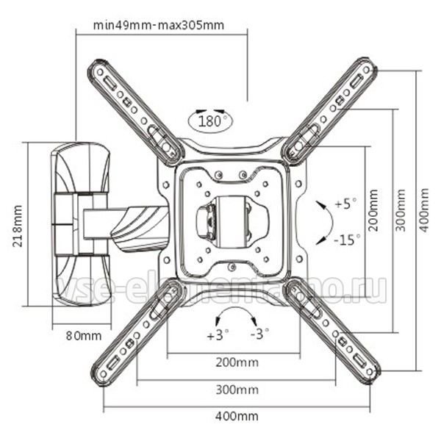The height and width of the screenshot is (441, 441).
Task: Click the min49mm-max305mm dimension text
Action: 159,25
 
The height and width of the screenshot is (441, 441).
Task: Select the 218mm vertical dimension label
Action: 18,226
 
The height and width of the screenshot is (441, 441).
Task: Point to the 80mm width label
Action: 84,336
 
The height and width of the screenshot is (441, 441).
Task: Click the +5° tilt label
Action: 346,204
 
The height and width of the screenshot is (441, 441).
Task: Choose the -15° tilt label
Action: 347,240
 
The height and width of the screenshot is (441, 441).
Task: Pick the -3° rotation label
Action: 260,334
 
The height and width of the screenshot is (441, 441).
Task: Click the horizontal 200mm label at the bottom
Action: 237,362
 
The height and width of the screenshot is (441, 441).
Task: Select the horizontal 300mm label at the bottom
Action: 237,390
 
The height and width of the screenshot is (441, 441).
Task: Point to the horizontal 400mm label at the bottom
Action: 237,416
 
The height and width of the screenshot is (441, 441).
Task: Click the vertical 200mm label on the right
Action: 373,210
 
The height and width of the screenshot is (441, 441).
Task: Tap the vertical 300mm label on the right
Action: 401,210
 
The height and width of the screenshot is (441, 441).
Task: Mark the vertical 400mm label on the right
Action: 424,210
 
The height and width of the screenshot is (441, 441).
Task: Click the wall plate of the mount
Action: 81,224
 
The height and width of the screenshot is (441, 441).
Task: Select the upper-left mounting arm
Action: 136,112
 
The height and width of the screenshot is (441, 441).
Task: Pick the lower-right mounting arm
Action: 333,333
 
